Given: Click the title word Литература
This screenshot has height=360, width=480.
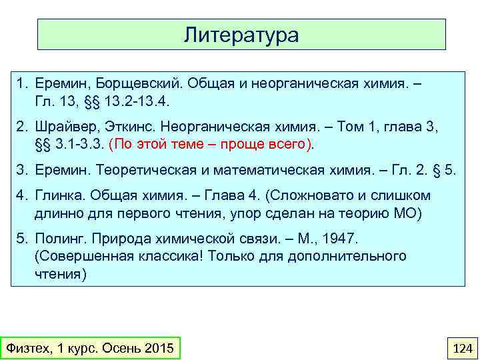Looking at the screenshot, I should (241, 34).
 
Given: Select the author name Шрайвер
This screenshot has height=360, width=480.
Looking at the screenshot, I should (65, 127).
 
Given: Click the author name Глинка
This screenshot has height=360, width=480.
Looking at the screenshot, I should (58, 195).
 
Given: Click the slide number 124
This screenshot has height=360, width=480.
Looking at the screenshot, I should (461, 347).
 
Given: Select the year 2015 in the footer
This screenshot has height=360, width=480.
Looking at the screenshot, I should (157, 347).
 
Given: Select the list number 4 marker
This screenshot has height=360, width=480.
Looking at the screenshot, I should (21, 195).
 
